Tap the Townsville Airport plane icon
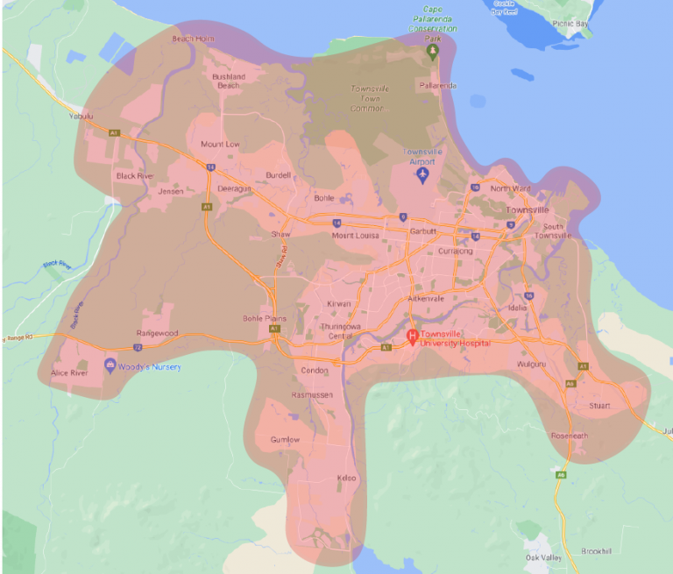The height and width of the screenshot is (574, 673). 423,175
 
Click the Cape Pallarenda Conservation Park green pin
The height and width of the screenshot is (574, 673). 431,52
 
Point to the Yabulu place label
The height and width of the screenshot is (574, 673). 81,116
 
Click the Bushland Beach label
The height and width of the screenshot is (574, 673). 228,81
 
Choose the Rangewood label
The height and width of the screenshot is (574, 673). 158,334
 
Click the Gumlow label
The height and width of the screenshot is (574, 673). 286,439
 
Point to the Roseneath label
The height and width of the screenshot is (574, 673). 570,436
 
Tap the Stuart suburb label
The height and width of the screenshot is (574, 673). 599,406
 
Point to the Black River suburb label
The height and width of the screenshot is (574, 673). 134,176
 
